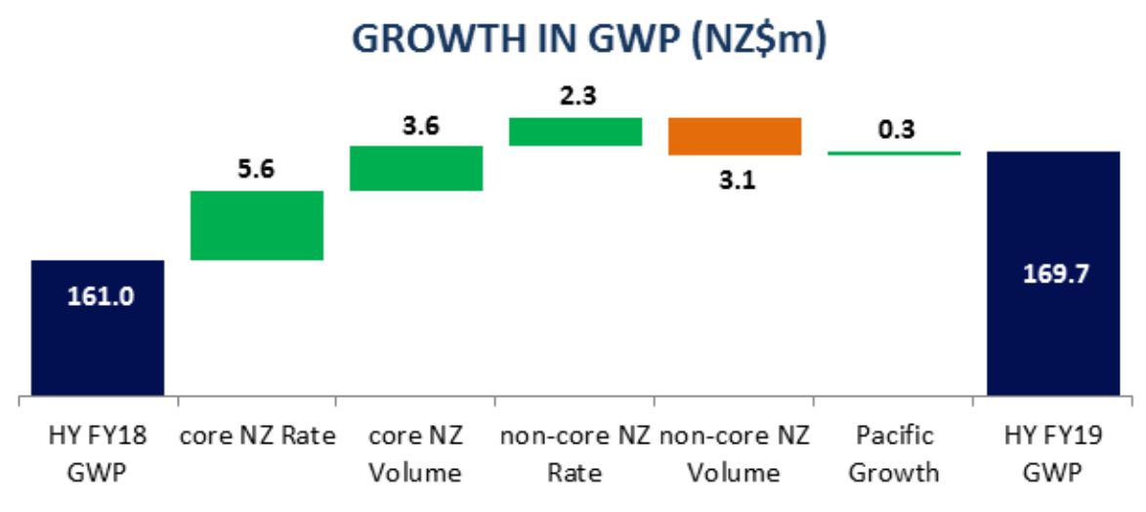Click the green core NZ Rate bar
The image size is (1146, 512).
[257, 225]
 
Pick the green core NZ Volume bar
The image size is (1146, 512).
[416, 168]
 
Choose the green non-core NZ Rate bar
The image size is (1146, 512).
[575, 131]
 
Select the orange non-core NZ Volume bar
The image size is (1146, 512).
[734, 136]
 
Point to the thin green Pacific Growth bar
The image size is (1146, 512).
[893, 152]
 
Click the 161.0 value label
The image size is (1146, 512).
[97, 296]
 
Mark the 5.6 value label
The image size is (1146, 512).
[256, 169]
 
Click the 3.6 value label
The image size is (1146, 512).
[415, 126]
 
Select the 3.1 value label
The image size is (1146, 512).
[734, 180]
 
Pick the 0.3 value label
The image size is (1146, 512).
[893, 129]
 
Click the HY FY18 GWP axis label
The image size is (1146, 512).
[97, 454]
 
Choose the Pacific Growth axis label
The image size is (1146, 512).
[893, 454]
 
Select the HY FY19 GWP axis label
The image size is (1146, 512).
[1053, 454]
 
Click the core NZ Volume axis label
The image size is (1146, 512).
[416, 454]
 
